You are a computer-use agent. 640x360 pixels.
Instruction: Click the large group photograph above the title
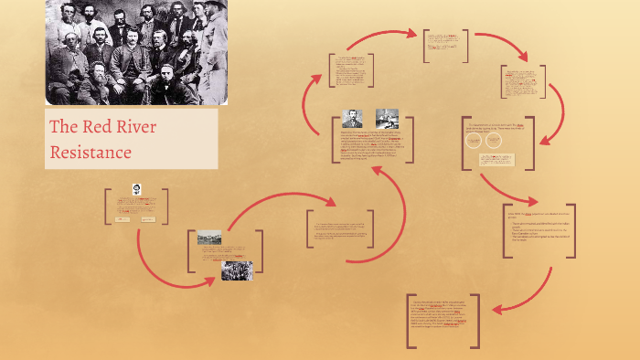[136, 52]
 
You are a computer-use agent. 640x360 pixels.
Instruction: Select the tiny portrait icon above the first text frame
[135, 189]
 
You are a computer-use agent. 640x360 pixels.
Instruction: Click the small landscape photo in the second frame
[209, 238]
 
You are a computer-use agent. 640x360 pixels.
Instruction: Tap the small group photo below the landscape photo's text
[236, 270]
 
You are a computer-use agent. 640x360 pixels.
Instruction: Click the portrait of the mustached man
[352, 119]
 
